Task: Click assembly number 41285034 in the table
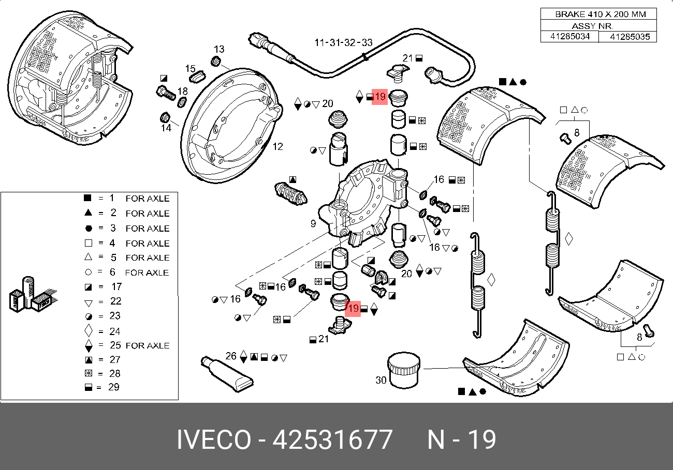[x=569, y=37]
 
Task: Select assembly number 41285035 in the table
[x=627, y=37]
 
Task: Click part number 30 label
[x=381, y=380]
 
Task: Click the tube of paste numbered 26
[x=228, y=373]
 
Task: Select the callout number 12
[x=278, y=147]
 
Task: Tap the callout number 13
[x=219, y=50]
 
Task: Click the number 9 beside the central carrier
[x=313, y=224]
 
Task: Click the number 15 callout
[x=191, y=69]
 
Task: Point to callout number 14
[x=166, y=128]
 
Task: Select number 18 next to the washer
[x=182, y=92]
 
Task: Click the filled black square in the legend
[x=87, y=198]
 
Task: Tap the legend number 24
[x=115, y=331]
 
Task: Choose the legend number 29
[x=115, y=387]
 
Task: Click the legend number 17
[x=116, y=286]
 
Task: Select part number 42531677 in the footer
[x=332, y=440]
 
